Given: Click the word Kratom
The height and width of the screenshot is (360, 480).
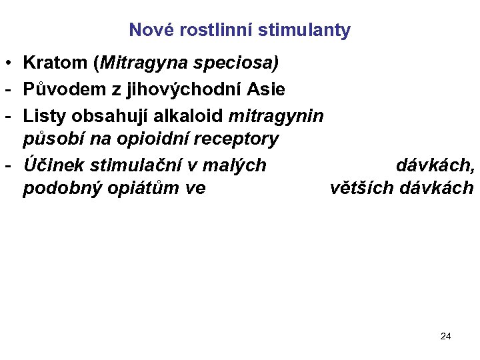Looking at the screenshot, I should point(55,63).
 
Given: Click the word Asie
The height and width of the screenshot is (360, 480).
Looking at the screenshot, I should point(267,89).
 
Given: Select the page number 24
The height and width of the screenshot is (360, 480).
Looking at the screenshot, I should point(446,336).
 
